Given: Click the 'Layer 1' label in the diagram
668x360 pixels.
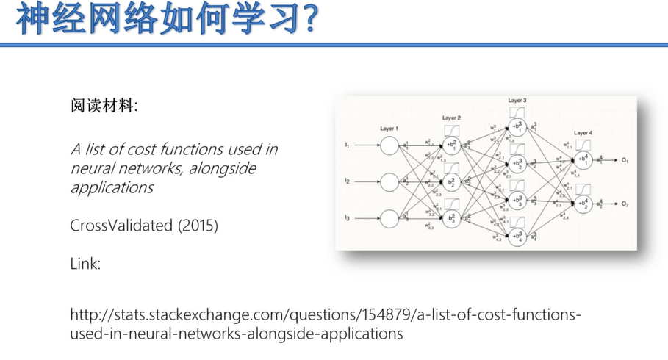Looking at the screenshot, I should click(x=389, y=129).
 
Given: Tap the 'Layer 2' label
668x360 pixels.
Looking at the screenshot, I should click(x=451, y=118).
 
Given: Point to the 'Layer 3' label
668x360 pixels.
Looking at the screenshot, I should click(x=517, y=100).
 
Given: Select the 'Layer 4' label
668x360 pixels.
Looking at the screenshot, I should click(x=583, y=132).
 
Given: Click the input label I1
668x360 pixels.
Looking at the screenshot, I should click(x=347, y=145).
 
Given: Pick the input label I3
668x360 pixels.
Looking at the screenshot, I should click(x=347, y=218).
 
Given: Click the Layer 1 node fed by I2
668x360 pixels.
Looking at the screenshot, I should click(x=389, y=181).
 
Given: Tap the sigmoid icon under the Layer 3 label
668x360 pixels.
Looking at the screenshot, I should click(x=517, y=111).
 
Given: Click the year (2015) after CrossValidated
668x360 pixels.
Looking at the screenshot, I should click(x=198, y=226).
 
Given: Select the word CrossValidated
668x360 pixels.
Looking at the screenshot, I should click(x=121, y=226).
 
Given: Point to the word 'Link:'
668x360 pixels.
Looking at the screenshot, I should click(x=85, y=263).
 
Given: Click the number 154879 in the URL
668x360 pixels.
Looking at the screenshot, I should click(x=384, y=315).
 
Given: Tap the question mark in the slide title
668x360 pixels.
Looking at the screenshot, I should click(x=309, y=20).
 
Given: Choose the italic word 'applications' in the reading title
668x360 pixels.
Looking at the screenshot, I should click(x=112, y=187).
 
